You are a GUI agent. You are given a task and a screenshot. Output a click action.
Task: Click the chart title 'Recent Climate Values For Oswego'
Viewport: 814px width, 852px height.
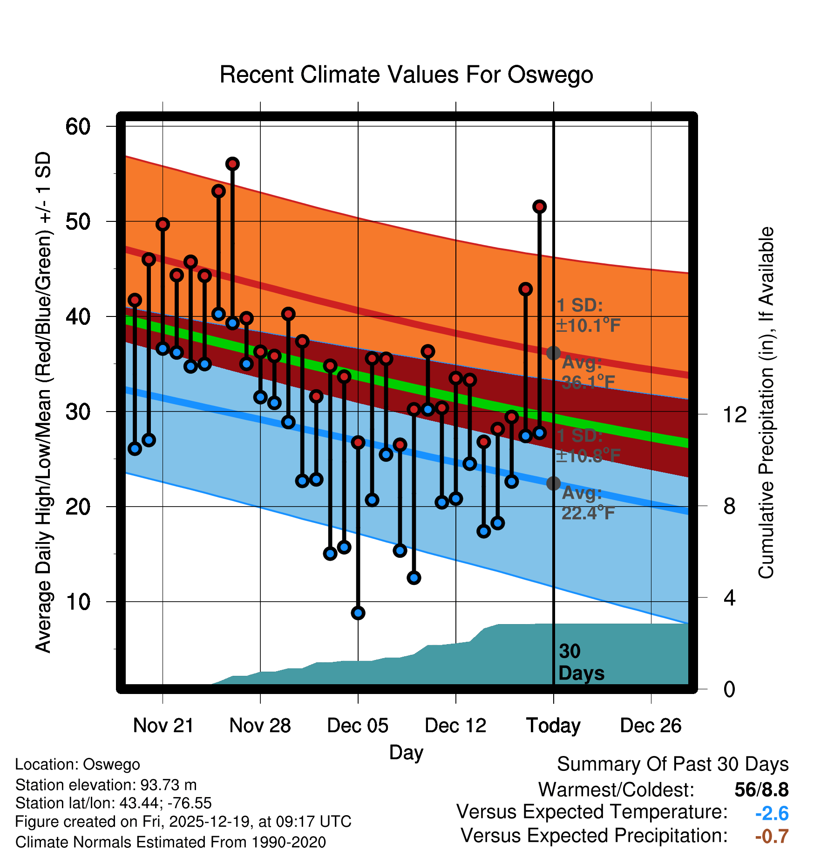pyautogui.click(x=406, y=75)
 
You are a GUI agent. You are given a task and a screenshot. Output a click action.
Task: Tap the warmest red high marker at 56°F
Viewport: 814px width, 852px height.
pyautogui.click(x=232, y=164)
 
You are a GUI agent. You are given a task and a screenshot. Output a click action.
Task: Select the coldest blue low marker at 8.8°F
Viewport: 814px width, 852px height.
pyautogui.click(x=358, y=613)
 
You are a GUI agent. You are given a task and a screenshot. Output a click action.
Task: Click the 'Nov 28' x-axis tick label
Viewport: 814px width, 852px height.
pyautogui.click(x=260, y=726)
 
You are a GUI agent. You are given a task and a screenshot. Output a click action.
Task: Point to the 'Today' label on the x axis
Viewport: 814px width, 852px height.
pyautogui.click(x=553, y=726)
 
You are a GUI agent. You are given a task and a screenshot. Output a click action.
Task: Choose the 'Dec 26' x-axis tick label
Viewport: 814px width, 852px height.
pyautogui.click(x=651, y=726)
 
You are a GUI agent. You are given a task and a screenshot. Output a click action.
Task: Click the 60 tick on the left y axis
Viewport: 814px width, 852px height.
pyautogui.click(x=78, y=126)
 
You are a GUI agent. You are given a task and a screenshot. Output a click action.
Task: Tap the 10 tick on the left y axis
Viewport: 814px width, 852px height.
pyautogui.click(x=78, y=602)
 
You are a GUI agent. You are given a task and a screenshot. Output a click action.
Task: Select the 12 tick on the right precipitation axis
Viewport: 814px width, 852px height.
pyautogui.click(x=734, y=414)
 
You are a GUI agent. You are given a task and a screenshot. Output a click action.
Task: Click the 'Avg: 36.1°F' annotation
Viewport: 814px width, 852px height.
pyautogui.click(x=588, y=373)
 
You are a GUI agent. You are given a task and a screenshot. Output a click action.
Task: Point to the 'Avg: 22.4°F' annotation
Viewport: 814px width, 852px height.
pyautogui.click(x=588, y=503)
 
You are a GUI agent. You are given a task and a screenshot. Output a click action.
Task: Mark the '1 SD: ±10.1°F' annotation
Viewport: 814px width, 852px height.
pyautogui.click(x=588, y=316)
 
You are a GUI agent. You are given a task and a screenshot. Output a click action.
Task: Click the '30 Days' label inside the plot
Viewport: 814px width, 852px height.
pyautogui.click(x=581, y=662)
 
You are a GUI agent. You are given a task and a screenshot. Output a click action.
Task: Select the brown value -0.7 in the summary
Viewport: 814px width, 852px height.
pyautogui.click(x=772, y=836)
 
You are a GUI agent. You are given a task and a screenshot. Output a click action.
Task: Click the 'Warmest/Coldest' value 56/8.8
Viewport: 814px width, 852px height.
pyautogui.click(x=761, y=790)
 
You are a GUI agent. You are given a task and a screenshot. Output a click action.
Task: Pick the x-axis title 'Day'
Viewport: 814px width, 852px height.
pyautogui.click(x=406, y=752)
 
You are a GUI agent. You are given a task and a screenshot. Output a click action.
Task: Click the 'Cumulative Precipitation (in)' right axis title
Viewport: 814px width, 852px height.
pyautogui.click(x=766, y=403)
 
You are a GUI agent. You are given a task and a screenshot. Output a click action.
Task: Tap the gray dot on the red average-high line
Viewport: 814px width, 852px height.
pyautogui.click(x=553, y=353)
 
